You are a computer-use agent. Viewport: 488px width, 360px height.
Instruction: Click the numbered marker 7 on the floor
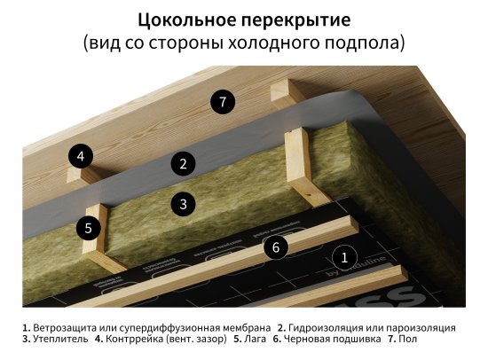click(x=224, y=101)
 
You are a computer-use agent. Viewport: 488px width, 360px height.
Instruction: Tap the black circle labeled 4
click(x=81, y=158)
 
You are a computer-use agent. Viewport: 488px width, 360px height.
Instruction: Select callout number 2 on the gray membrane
click(x=183, y=163)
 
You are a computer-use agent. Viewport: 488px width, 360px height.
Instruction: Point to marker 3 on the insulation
click(x=183, y=203)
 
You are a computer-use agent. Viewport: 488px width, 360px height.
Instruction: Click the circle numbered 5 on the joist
click(x=88, y=228)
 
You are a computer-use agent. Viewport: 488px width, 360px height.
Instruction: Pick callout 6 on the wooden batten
click(x=276, y=247)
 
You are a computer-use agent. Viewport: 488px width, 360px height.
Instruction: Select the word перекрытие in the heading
click(x=295, y=19)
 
